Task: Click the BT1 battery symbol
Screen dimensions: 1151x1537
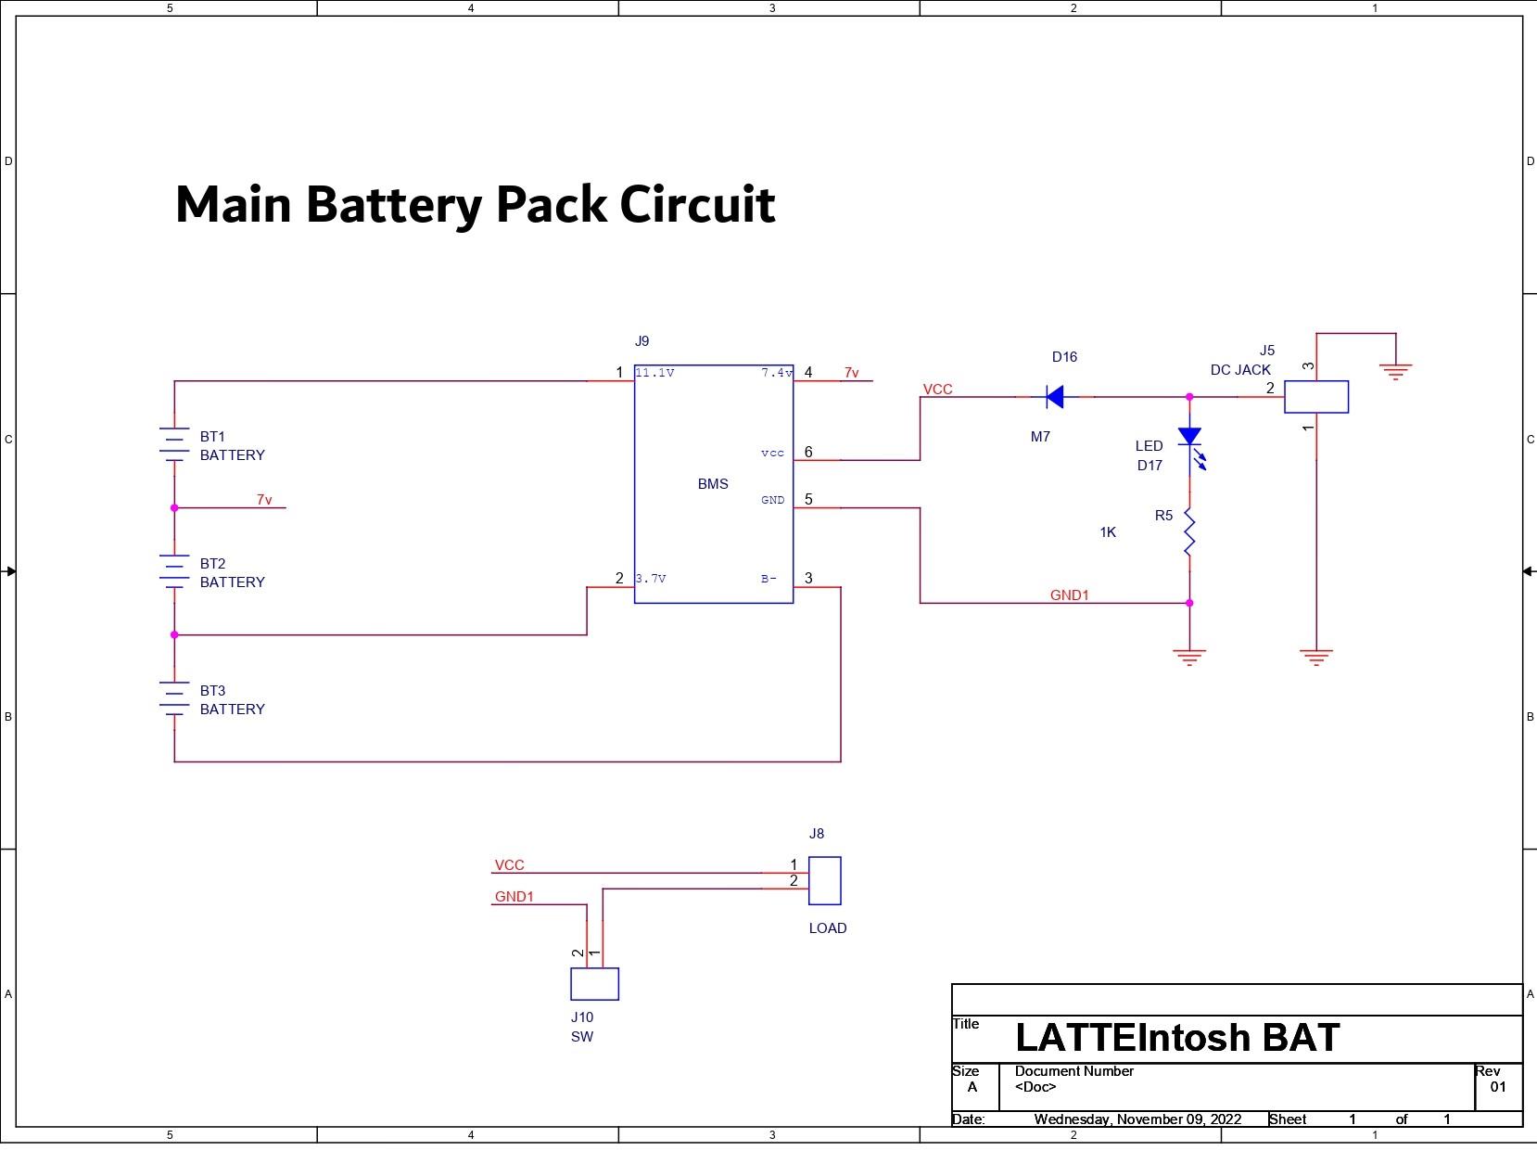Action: [x=174, y=444]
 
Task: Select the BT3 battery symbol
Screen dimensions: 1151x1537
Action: [x=174, y=698]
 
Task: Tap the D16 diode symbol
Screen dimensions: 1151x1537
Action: [x=1054, y=397]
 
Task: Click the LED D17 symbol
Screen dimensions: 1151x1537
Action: [x=1189, y=437]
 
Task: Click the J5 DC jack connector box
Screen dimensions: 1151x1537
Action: [x=1315, y=397]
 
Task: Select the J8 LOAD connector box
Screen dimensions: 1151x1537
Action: [x=824, y=880]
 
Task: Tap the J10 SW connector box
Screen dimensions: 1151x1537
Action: [x=594, y=984]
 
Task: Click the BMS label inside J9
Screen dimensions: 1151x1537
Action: [x=713, y=484]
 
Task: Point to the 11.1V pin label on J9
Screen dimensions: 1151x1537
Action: [x=654, y=373]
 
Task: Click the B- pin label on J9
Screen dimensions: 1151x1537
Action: [x=768, y=579]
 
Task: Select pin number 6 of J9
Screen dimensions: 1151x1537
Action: [x=808, y=453]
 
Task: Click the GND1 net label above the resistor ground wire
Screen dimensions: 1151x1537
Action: [x=1069, y=595]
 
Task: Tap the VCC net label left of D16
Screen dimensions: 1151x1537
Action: [x=937, y=390]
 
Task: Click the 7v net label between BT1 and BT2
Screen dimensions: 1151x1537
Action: [x=264, y=500]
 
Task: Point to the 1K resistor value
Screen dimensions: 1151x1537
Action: [x=1108, y=532]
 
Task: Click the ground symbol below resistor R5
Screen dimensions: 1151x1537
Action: [x=1189, y=657]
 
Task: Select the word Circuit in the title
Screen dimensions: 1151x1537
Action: [x=697, y=204]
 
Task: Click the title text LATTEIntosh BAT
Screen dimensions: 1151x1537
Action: [x=1177, y=1038]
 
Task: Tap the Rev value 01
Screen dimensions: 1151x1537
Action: [x=1498, y=1087]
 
